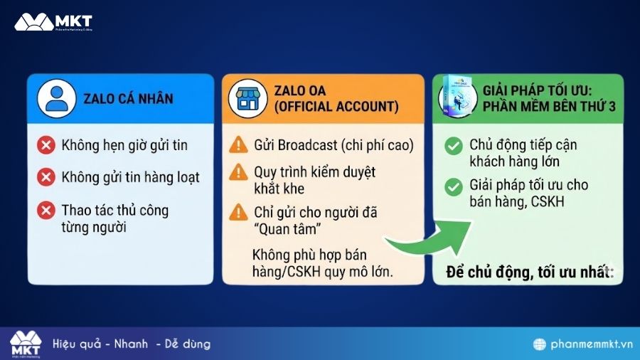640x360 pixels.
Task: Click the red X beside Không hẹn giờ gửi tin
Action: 47,146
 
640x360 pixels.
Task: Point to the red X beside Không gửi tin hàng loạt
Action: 47,176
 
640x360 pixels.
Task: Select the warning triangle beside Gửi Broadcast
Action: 238,146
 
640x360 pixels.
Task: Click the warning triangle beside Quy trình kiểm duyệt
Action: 238,173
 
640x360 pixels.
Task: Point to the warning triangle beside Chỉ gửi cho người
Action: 238,212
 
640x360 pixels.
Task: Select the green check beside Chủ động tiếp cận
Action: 452,147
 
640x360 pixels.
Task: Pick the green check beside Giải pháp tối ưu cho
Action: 452,187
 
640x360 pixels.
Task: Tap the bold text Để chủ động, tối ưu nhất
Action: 529,271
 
